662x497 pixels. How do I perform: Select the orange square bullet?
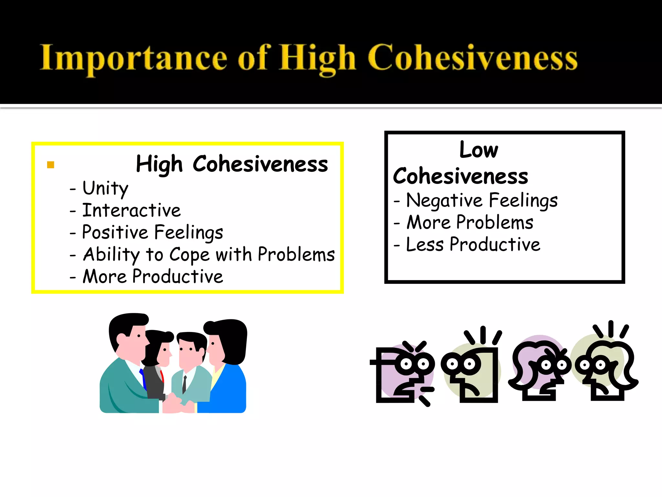pyautogui.click(x=50, y=165)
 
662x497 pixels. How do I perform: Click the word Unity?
pyautogui.click(x=105, y=188)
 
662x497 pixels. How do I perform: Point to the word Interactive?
pyautogui.click(x=132, y=210)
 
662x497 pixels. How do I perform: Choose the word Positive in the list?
pyautogui.click(x=115, y=232)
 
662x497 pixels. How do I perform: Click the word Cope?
pyautogui.click(x=189, y=255)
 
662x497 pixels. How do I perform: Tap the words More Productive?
pyautogui.click(x=153, y=277)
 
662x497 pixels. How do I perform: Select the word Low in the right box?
pyautogui.click(x=479, y=150)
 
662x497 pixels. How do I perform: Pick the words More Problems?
pyautogui.click(x=470, y=223)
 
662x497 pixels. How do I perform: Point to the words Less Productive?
pyautogui.click(x=473, y=245)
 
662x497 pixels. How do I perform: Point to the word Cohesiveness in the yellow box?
pyautogui.click(x=260, y=164)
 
